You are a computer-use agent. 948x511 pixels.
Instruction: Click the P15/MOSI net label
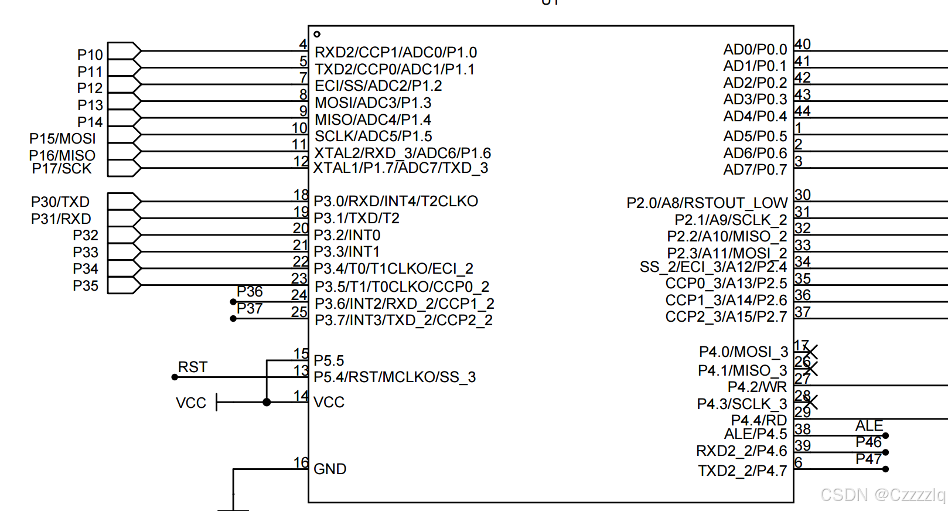[63, 139]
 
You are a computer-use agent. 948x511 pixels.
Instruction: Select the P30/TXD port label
[60, 202]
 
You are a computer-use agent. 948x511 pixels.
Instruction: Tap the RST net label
[193, 367]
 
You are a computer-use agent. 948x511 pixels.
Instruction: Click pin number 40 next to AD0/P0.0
[803, 45]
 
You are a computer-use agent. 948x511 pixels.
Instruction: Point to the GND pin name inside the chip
[330, 469]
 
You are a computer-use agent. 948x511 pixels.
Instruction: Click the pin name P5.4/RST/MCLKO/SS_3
[394, 377]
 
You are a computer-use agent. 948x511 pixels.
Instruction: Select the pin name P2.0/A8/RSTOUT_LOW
[707, 203]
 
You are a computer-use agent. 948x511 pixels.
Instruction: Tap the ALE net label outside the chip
[869, 425]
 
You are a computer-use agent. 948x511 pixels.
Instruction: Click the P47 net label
[868, 459]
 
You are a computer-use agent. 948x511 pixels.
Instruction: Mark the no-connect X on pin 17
[811, 352]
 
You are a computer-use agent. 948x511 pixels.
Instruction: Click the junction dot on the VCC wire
[267, 403]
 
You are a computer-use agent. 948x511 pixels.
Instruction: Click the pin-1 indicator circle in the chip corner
[317, 34]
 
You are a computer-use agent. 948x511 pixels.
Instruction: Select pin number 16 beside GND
[301, 463]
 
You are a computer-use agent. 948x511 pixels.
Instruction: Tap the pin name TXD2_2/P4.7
[742, 471]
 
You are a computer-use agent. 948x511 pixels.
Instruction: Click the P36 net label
[250, 292]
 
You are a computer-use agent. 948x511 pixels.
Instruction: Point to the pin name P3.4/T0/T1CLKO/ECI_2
[393, 269]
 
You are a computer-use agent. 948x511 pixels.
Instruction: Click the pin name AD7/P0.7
[755, 170]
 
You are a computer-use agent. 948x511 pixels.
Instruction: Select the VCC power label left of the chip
[191, 403]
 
